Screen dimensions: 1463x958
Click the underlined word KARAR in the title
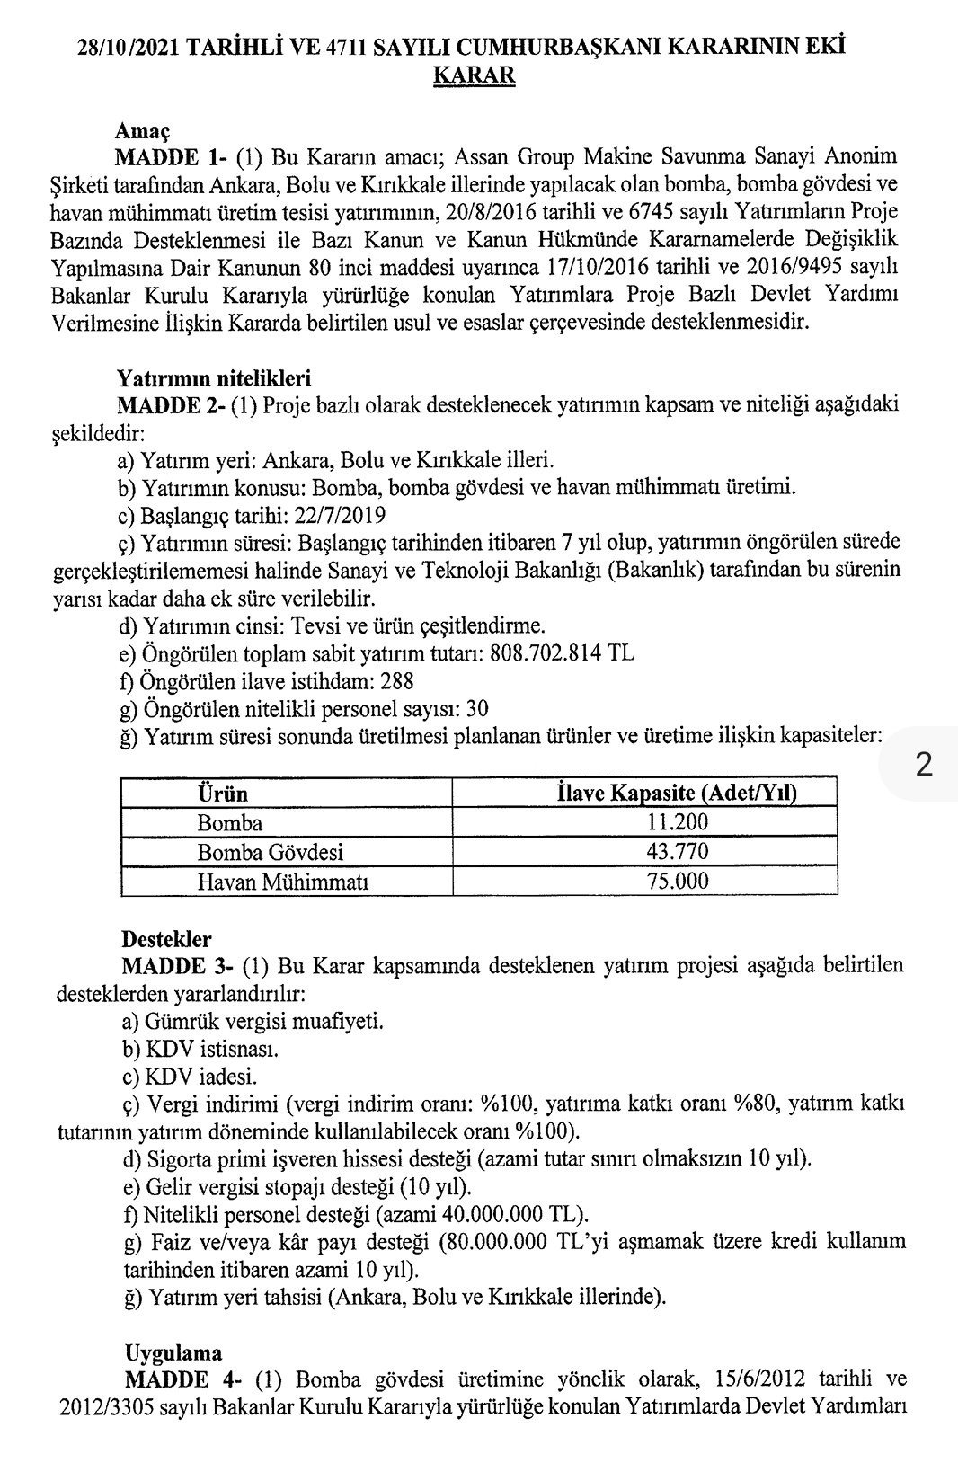pos(474,75)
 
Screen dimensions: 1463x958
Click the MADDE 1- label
pos(171,158)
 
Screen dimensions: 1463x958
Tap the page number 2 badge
pos(922,766)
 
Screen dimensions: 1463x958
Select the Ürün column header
pos(222,794)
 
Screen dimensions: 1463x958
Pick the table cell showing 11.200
pos(679,822)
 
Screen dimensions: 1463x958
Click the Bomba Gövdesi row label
pos(270,851)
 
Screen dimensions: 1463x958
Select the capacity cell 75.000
pos(679,880)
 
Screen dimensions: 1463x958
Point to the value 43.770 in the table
pos(679,851)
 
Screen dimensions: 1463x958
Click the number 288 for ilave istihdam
pos(395,681)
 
